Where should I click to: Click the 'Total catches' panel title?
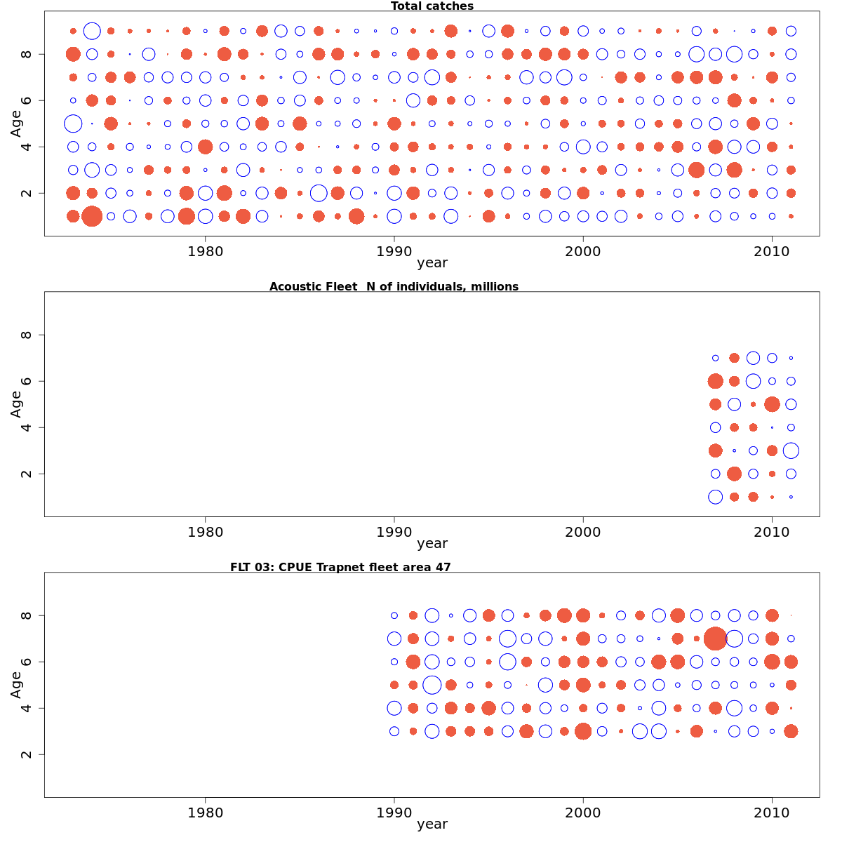click(x=432, y=6)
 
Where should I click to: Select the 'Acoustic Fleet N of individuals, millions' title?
click(x=394, y=286)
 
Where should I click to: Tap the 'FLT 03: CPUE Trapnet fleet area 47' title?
click(x=340, y=567)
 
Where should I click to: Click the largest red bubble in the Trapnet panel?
click(x=715, y=639)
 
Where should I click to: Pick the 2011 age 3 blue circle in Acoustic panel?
click(x=791, y=450)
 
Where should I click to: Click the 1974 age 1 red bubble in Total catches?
click(x=92, y=216)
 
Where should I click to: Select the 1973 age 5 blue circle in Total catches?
click(x=73, y=123)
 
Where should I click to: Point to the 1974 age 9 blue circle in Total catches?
click(x=92, y=31)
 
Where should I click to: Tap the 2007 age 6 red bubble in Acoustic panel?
click(x=715, y=381)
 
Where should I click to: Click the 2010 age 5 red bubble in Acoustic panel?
click(x=772, y=404)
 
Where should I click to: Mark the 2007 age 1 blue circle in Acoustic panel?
click(x=715, y=497)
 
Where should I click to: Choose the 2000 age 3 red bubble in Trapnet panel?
click(x=582, y=731)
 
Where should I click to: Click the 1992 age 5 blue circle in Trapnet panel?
click(x=432, y=685)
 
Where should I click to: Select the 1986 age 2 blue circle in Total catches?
click(x=319, y=193)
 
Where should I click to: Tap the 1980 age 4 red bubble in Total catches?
click(x=205, y=147)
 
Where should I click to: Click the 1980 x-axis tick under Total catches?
click(x=205, y=251)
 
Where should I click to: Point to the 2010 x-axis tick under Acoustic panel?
click(x=772, y=532)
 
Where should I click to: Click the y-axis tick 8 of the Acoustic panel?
click(x=26, y=335)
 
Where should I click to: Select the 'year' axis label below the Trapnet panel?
click(x=432, y=824)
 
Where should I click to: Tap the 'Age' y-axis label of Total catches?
click(x=15, y=123)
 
